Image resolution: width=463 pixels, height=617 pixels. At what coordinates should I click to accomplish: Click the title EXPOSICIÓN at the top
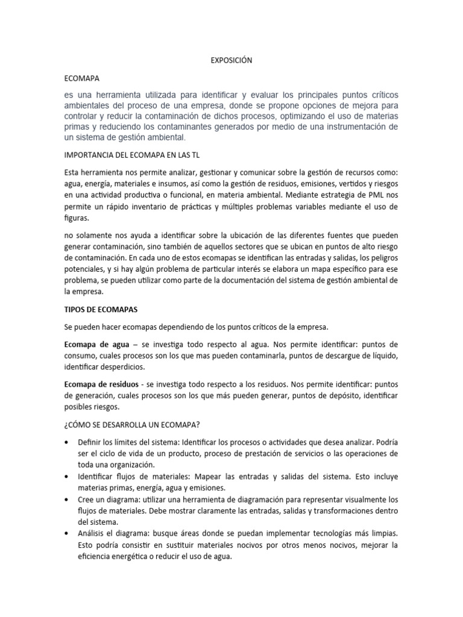[231, 60]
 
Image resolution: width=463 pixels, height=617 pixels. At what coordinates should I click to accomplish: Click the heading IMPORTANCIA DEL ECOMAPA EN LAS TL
[131, 154]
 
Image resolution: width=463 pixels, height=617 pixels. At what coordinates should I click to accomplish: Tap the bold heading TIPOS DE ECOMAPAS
[101, 309]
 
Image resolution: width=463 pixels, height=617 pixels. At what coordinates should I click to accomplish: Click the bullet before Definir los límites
[66, 443]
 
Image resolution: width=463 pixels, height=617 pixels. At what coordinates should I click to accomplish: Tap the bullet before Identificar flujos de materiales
[66, 477]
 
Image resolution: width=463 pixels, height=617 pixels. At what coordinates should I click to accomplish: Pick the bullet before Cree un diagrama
[66, 500]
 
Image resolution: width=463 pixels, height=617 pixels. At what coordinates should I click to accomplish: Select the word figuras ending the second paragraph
[78, 219]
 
